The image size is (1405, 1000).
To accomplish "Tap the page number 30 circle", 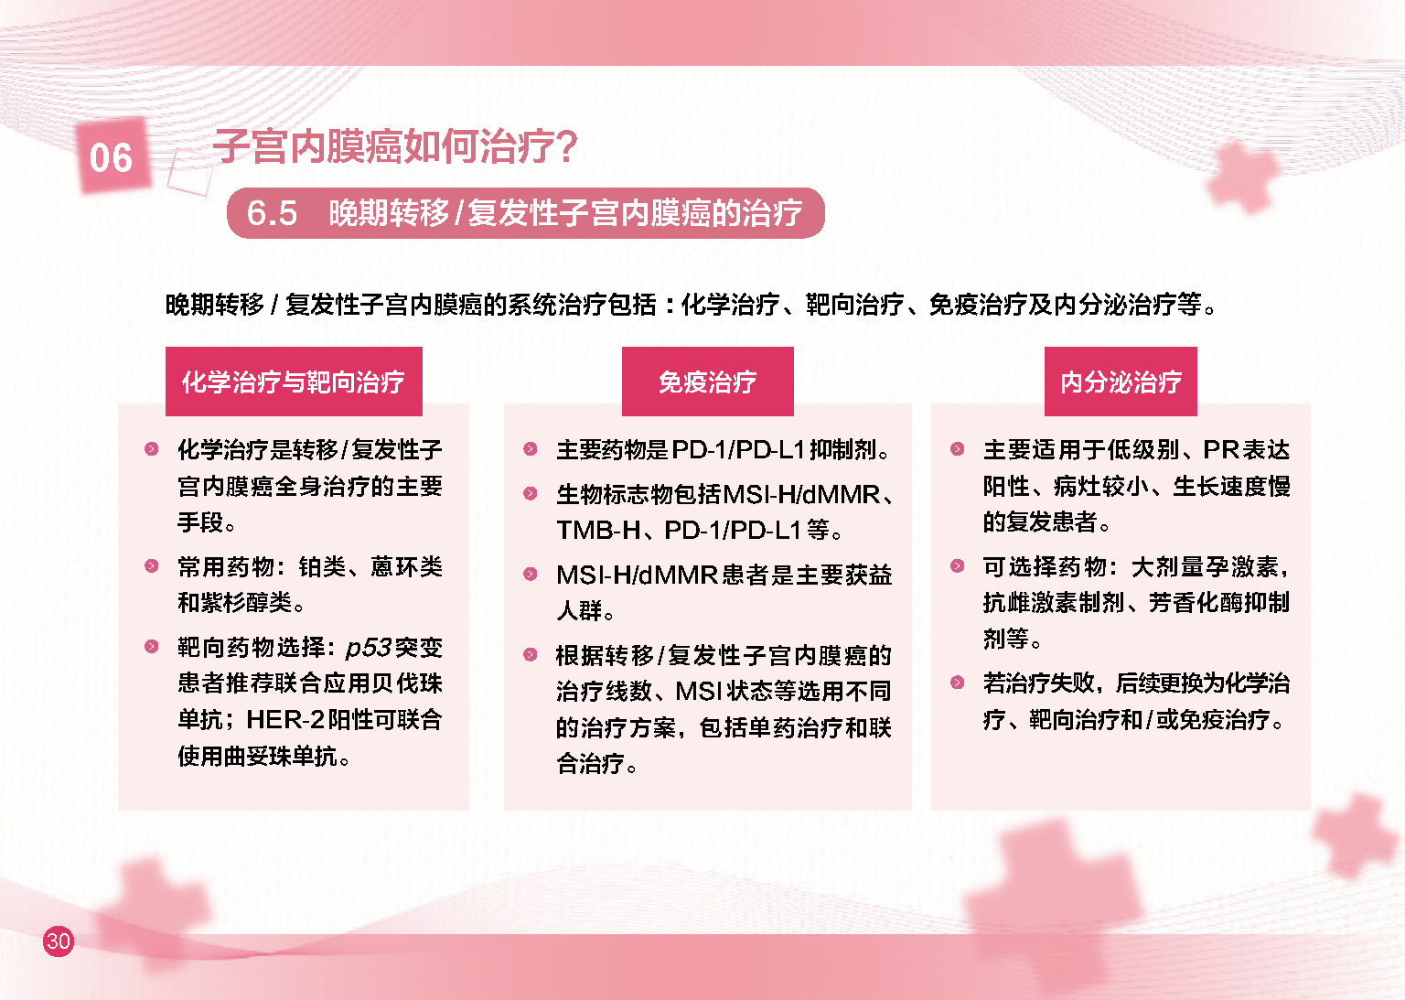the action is pyautogui.click(x=59, y=941).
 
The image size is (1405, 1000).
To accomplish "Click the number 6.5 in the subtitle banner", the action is pyautogui.click(x=272, y=213).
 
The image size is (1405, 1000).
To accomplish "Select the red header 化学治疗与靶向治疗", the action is pyautogui.click(x=294, y=381).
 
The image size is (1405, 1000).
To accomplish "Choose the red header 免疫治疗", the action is pyautogui.click(x=707, y=381).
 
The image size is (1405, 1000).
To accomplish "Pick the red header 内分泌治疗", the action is pyautogui.click(x=1121, y=381).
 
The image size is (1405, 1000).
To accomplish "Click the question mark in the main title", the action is pyautogui.click(x=566, y=146).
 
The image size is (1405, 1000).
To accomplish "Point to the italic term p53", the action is pyautogui.click(x=369, y=648).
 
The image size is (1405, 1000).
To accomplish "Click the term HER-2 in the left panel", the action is pyautogui.click(x=285, y=719).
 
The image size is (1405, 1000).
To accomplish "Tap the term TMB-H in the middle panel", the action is pyautogui.click(x=598, y=531).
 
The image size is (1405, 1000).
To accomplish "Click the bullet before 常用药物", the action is pyautogui.click(x=151, y=565).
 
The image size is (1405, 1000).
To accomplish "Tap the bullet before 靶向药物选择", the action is pyautogui.click(x=151, y=646).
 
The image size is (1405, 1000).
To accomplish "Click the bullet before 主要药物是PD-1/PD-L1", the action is pyautogui.click(x=530, y=448).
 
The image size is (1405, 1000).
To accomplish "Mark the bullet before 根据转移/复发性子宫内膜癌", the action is pyautogui.click(x=530, y=654).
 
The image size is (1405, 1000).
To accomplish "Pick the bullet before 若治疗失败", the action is pyautogui.click(x=957, y=682).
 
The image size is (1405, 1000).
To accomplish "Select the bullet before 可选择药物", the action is pyautogui.click(x=957, y=565).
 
